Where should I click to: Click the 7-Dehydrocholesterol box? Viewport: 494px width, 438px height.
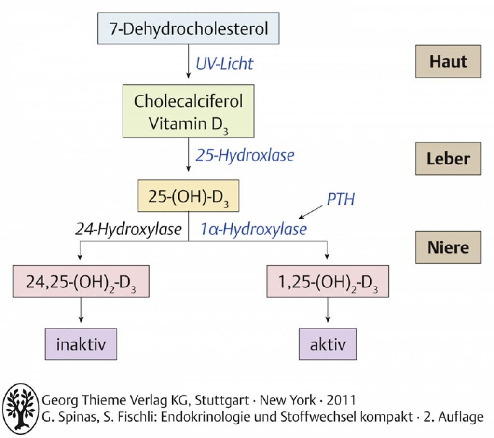pos(189,28)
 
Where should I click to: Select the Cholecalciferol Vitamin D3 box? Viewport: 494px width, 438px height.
pos(189,111)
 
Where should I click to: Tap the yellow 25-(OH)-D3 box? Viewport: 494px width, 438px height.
pos(189,196)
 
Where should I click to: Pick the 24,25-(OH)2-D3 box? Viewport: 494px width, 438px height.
pos(81,281)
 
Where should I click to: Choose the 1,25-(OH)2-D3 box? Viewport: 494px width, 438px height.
pos(328,281)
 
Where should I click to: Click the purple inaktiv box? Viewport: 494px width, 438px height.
pos(81,344)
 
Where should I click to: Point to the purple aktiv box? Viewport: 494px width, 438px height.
pos(328,344)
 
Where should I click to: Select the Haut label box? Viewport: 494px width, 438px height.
pos(448,61)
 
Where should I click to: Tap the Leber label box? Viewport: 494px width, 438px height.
pos(448,159)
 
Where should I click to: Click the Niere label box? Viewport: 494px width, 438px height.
pos(448,247)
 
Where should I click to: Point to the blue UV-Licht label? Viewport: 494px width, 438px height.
pos(224,64)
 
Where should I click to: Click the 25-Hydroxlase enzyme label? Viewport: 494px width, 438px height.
pos(245,155)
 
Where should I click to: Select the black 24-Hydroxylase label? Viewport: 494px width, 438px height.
pos(128,230)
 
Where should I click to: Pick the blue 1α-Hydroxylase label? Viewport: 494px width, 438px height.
pos(254,230)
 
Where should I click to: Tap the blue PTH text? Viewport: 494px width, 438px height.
pos(341,199)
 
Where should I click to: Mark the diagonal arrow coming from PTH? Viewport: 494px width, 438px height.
pos(310,212)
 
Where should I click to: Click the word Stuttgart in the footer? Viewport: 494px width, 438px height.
pos(222,400)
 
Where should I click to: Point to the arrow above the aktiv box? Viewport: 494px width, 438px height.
pos(328,310)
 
